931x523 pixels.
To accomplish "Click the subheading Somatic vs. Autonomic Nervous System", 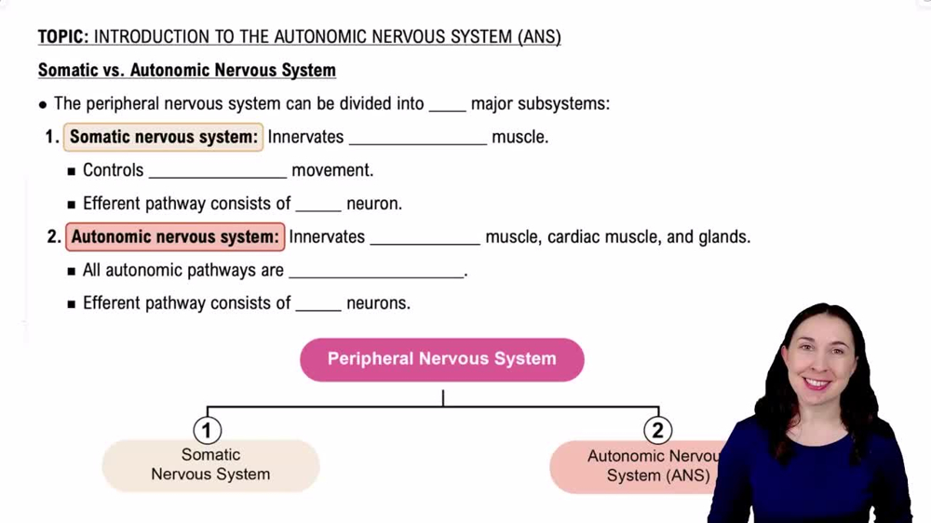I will pyautogui.click(x=186, y=71).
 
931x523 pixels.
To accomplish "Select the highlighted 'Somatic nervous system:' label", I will pyautogui.click(x=163, y=138).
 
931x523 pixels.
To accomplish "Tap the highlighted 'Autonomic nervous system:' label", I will pyautogui.click(x=174, y=237).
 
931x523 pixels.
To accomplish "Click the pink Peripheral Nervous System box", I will pyautogui.click(x=441, y=359).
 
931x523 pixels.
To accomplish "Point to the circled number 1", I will pyautogui.click(x=207, y=430).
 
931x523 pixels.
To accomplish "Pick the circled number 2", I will pyautogui.click(x=657, y=430).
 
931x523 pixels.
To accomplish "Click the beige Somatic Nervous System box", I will pyautogui.click(x=210, y=465).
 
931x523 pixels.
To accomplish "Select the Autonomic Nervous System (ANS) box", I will pyautogui.click(x=642, y=466).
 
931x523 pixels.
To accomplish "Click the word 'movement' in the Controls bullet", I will pyautogui.click(x=331, y=171).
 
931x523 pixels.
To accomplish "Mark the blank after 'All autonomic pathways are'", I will pyautogui.click(x=376, y=272).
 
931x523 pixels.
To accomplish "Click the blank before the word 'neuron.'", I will pyautogui.click(x=318, y=205).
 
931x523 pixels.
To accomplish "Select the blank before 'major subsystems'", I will pyautogui.click(x=447, y=104).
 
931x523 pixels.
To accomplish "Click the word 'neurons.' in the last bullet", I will pyautogui.click(x=378, y=303).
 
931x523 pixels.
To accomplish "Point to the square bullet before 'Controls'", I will pyautogui.click(x=71, y=171).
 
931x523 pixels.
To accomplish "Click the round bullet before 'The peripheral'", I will pyautogui.click(x=43, y=104).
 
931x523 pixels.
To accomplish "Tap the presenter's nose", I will pyautogui.click(x=817, y=366).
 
